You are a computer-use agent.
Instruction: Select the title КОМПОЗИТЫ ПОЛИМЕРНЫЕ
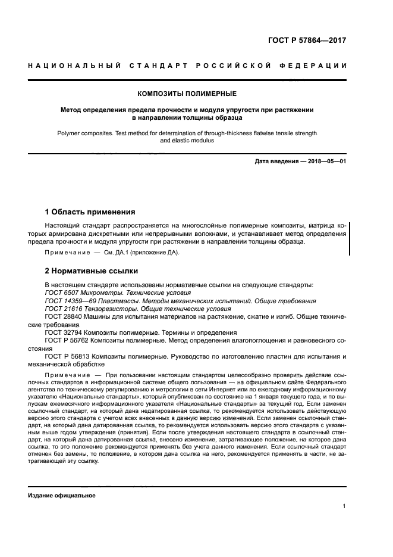[x=187, y=94]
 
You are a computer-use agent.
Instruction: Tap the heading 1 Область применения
[x=90, y=211]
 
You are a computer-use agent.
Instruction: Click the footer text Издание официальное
[x=62, y=496]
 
